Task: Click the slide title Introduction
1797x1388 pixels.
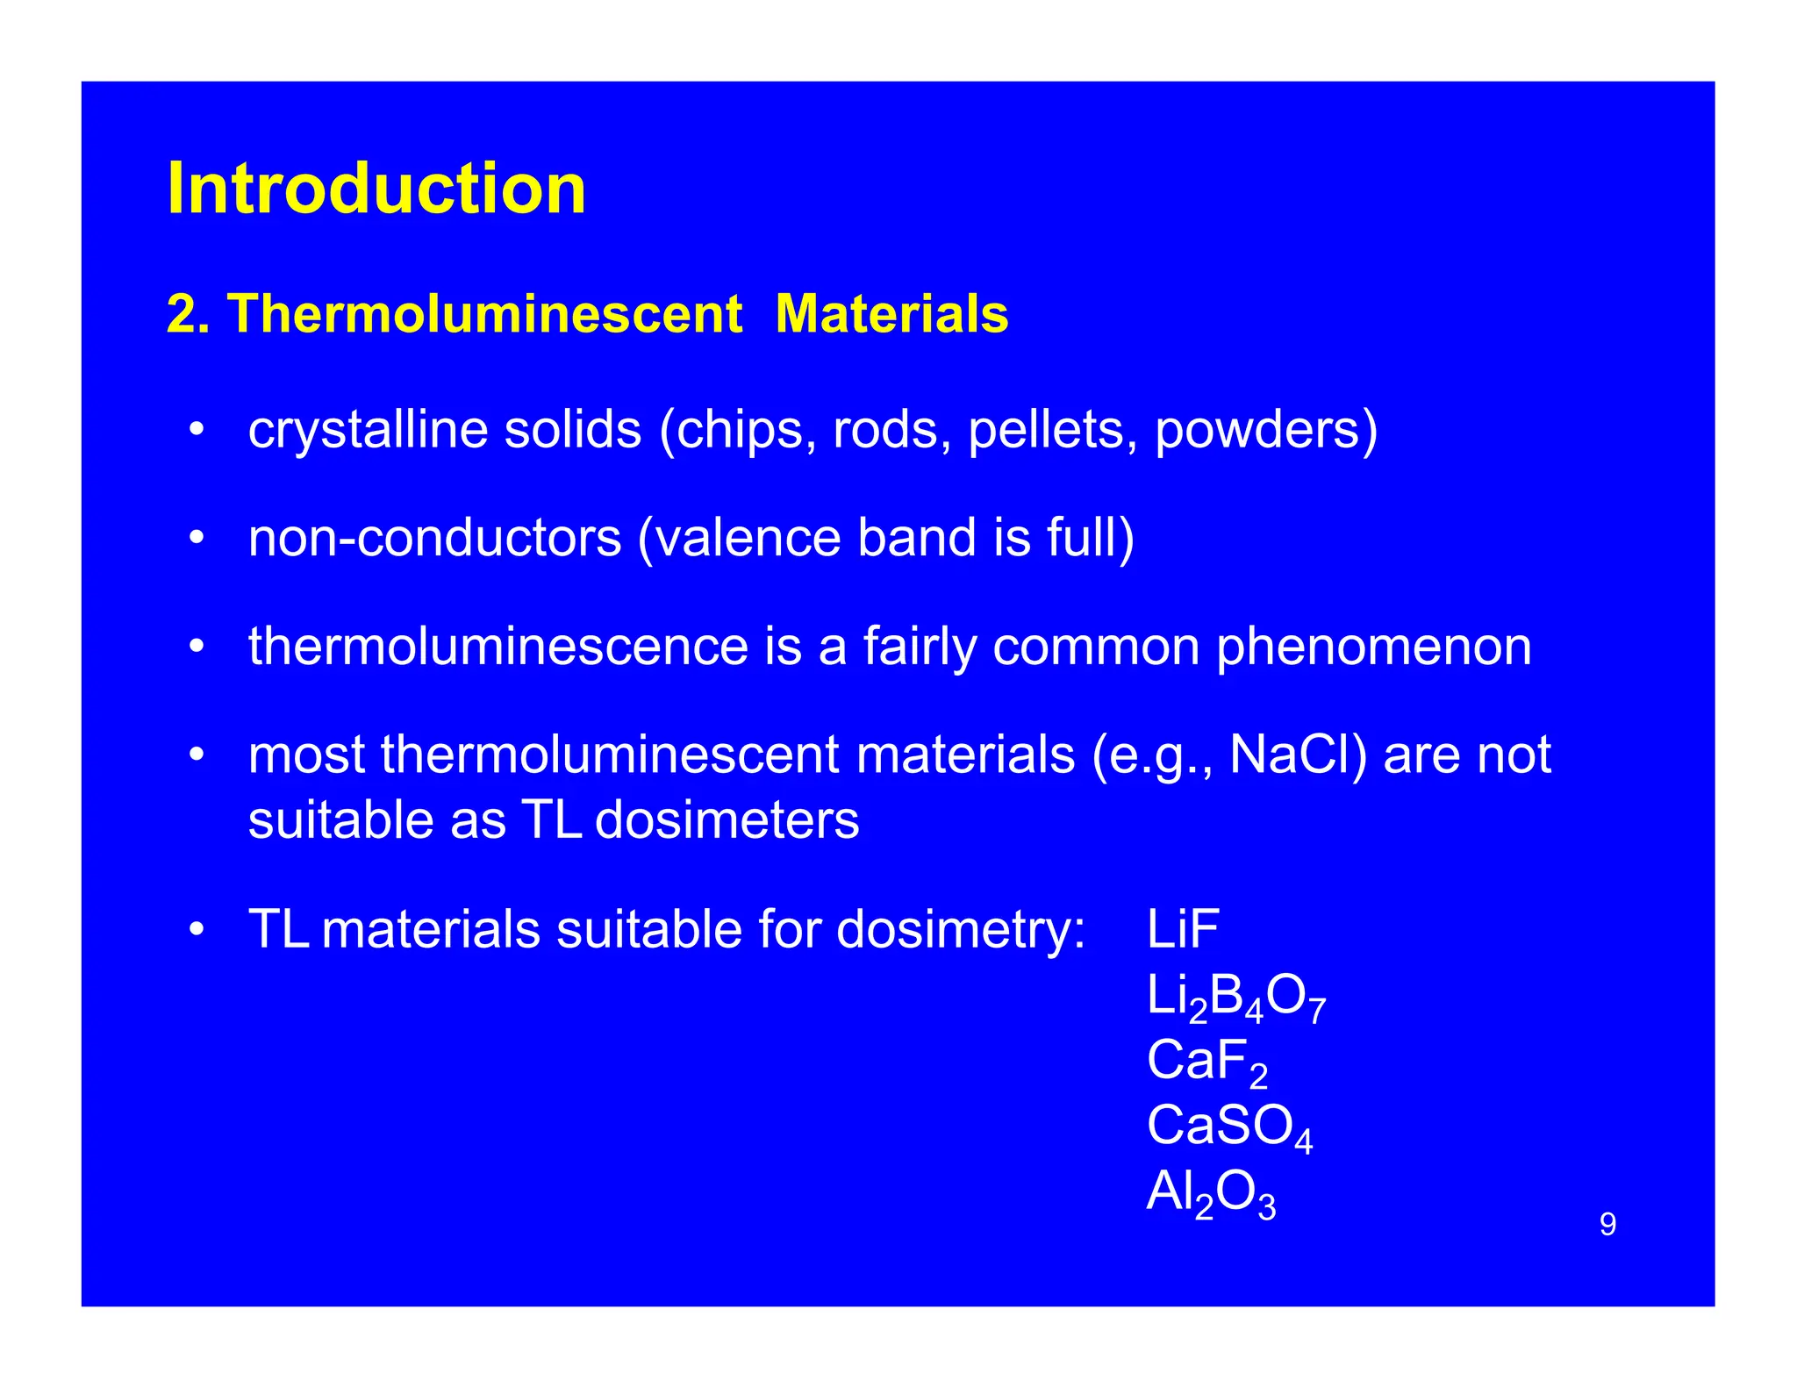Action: pyautogui.click(x=376, y=189)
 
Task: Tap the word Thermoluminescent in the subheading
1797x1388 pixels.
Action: pyautogui.click(x=484, y=313)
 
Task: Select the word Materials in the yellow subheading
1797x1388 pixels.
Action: pyautogui.click(x=891, y=313)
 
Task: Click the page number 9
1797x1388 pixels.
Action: pyautogui.click(x=1607, y=1224)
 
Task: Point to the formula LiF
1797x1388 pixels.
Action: pyautogui.click(x=1183, y=929)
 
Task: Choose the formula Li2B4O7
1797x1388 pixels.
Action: pyautogui.click(x=1235, y=998)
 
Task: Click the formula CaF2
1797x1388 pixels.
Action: pyautogui.click(x=1206, y=1062)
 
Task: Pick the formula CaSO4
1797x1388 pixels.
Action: pyautogui.click(x=1229, y=1127)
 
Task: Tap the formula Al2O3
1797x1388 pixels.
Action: pyautogui.click(x=1211, y=1193)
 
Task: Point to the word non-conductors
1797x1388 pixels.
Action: pyautogui.click(x=434, y=538)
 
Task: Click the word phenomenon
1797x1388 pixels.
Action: pyautogui.click(x=1373, y=647)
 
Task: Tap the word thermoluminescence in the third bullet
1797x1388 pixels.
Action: pyautogui.click(x=498, y=647)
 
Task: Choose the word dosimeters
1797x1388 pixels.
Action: pyautogui.click(x=727, y=820)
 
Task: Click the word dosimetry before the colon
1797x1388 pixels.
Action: pyautogui.click(x=960, y=930)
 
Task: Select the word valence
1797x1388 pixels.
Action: pyautogui.click(x=747, y=538)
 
